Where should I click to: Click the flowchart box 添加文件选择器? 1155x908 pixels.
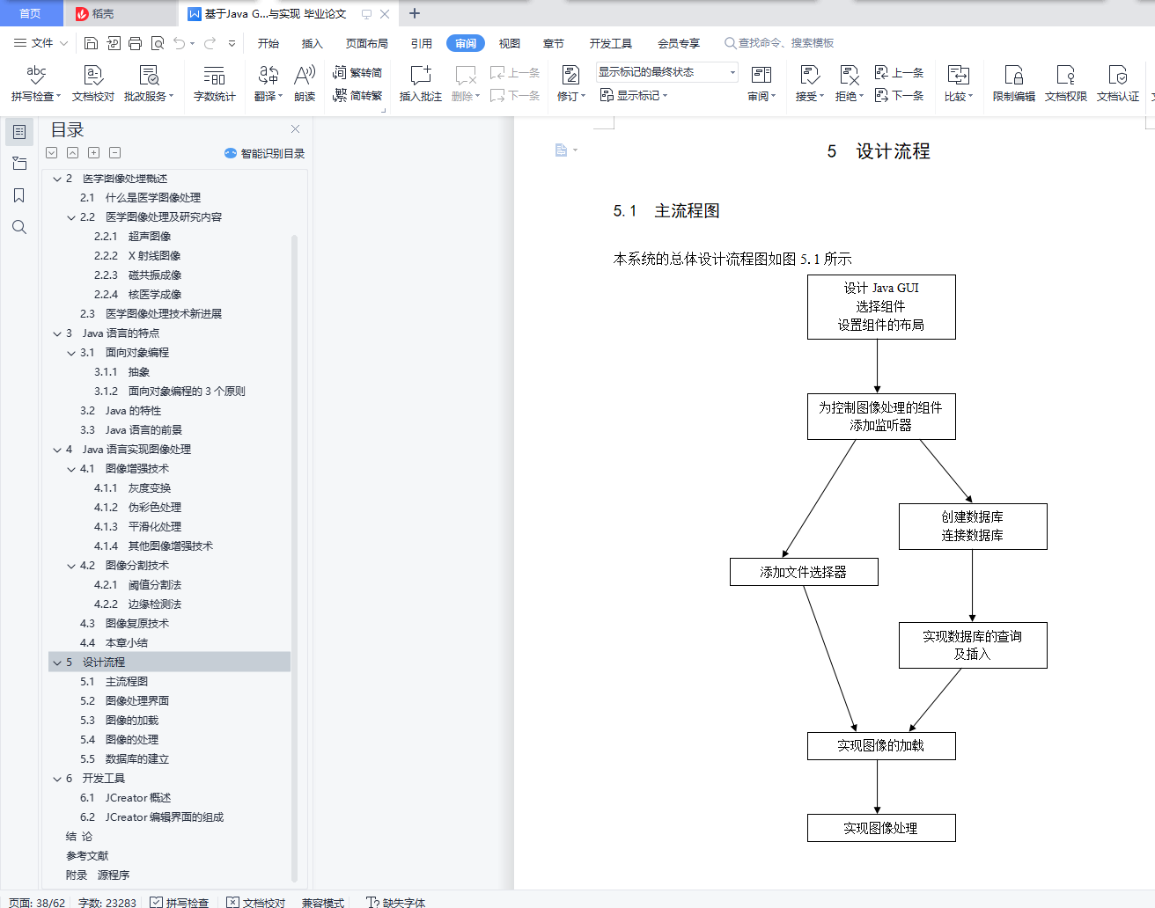click(x=803, y=572)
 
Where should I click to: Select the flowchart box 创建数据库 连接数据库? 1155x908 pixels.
click(x=972, y=526)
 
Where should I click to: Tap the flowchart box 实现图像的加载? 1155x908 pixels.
click(x=880, y=745)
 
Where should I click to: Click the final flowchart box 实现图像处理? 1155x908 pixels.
click(x=880, y=828)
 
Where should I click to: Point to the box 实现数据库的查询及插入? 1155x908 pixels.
click(x=972, y=645)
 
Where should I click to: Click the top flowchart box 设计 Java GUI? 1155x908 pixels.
click(x=880, y=306)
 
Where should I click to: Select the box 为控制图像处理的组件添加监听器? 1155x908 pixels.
click(x=880, y=416)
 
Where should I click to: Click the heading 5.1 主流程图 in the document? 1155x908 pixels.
click(x=666, y=211)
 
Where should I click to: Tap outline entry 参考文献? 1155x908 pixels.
click(x=87, y=856)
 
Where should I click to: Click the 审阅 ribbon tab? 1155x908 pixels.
click(x=466, y=43)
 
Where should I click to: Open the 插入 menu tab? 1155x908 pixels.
click(x=313, y=43)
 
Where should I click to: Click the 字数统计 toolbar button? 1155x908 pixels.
click(x=214, y=84)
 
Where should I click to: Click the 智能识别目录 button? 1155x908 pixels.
click(x=265, y=153)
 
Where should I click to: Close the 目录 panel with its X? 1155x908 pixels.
click(x=296, y=129)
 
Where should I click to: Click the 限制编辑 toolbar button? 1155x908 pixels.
click(x=1013, y=84)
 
